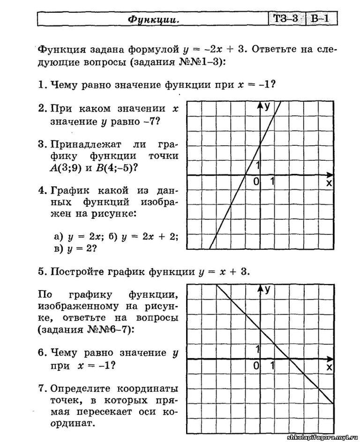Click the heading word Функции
(147, 19)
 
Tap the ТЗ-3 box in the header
(285, 19)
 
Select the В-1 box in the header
(320, 19)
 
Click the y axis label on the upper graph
(267, 106)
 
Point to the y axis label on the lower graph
(267, 288)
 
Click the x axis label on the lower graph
(329, 366)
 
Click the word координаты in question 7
(151, 386)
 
